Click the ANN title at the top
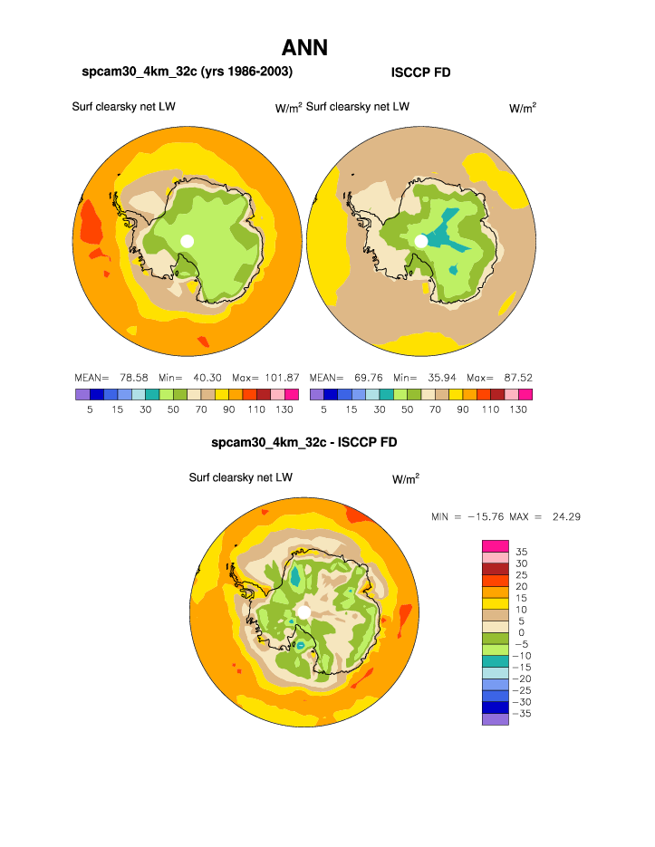(x=304, y=48)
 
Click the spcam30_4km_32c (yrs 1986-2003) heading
(x=188, y=72)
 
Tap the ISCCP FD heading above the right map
(x=420, y=72)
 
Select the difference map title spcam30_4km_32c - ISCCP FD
(x=303, y=443)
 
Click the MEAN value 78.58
(x=132, y=377)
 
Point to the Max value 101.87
(x=279, y=377)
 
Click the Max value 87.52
(x=514, y=377)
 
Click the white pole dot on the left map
(x=188, y=240)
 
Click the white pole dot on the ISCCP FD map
(x=421, y=240)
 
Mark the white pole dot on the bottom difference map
(x=304, y=612)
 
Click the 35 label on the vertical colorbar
(x=521, y=551)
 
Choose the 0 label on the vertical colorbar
(x=522, y=632)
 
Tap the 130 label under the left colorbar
(x=283, y=409)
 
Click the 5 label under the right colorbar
(x=323, y=409)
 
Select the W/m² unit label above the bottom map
(x=405, y=478)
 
